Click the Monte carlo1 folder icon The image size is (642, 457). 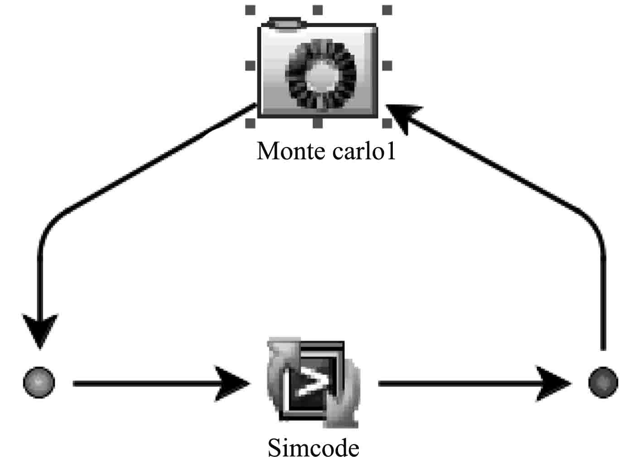317,68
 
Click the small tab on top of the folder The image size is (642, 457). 285,24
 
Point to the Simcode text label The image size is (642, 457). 314,447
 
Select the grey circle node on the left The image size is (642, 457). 39,382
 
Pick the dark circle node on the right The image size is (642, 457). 603,382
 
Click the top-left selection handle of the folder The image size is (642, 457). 250,10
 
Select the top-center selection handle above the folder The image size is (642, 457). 318,10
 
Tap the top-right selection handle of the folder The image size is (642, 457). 387,10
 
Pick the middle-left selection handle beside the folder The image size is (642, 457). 250,66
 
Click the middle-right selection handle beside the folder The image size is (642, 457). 387,66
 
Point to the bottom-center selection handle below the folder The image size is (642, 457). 318,123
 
